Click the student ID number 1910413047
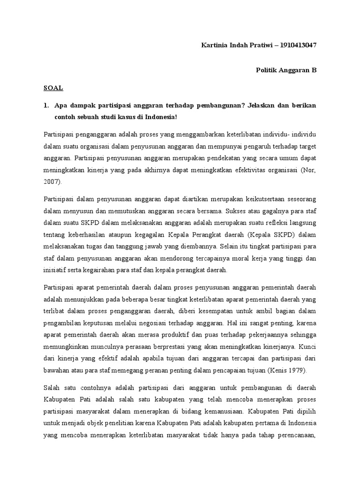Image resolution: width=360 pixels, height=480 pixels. (x=298, y=45)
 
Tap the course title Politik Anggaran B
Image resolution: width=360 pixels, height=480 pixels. (x=286, y=70)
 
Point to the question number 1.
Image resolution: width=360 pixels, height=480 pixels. (x=46, y=105)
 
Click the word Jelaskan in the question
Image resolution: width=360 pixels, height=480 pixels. (x=266, y=105)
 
